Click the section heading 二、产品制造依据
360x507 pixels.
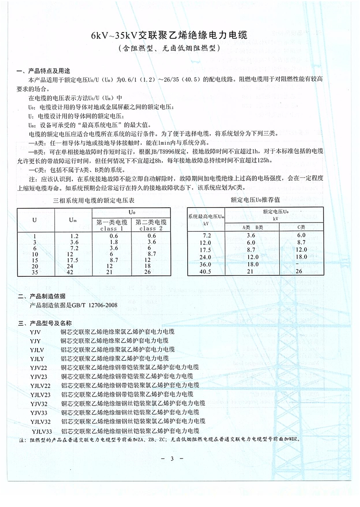coord(41,296)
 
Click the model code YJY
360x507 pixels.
coord(35,340)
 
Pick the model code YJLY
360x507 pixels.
coord(37,358)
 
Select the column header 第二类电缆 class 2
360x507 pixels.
coord(151,225)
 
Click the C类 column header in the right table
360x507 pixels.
coord(301,227)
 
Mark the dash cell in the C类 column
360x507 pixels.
coord(301,264)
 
